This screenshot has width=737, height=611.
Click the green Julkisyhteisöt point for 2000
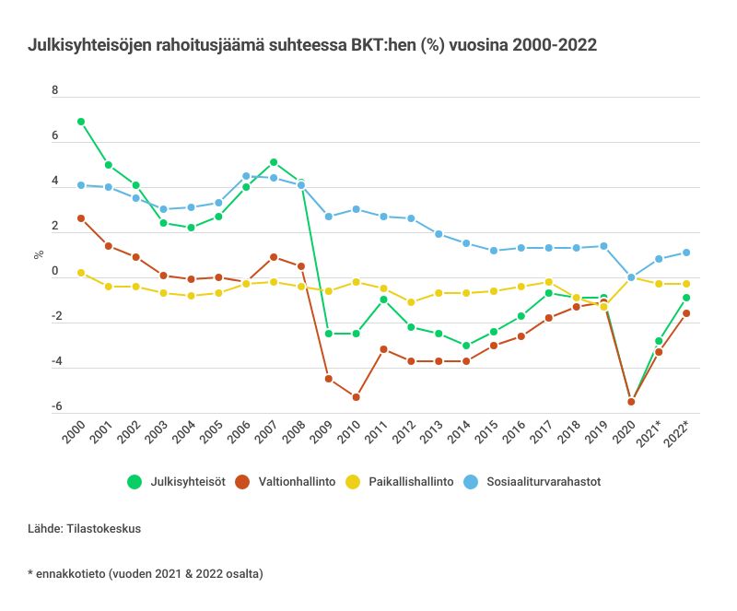point(81,122)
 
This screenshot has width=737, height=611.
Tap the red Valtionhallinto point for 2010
point(356,397)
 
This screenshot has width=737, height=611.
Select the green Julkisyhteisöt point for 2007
point(274,162)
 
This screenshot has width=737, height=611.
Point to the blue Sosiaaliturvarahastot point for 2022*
point(686,253)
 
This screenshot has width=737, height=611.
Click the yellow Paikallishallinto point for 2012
point(411,302)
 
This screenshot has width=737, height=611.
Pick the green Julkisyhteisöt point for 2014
point(466,346)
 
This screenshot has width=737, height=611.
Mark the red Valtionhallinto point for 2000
point(81,218)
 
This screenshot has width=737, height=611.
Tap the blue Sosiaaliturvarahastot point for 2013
point(439,234)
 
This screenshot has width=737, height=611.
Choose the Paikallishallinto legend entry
point(397,481)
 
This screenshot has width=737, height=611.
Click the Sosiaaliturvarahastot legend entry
point(532,481)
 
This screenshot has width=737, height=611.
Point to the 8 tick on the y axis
point(55,91)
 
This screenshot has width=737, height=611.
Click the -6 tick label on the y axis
point(55,406)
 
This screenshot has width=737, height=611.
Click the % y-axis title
point(39,253)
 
